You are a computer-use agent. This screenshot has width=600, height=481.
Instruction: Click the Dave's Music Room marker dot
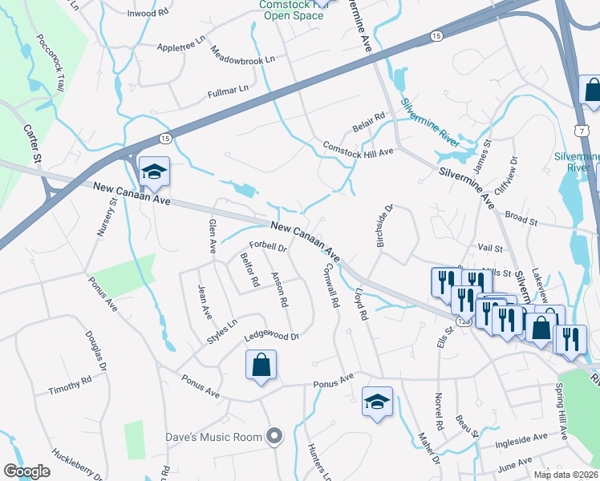point(275,436)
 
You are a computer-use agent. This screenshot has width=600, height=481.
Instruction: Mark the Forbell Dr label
point(268,246)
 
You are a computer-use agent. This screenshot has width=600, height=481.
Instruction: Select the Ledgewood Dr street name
point(271,337)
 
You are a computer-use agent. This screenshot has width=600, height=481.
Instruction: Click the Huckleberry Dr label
point(75,464)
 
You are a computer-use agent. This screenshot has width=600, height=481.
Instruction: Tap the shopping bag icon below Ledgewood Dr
point(261,366)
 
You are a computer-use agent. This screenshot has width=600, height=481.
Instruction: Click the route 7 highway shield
point(579,129)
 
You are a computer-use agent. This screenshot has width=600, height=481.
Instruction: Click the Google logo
point(27,471)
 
